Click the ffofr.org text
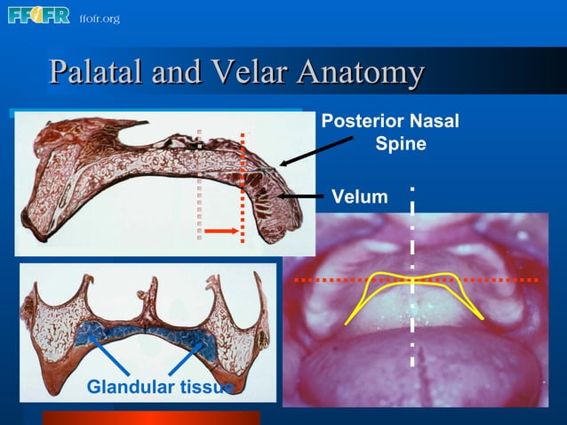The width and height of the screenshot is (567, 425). coord(99,19)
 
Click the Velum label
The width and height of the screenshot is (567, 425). coord(359,196)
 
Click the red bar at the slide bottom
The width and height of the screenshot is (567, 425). coord(151,417)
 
